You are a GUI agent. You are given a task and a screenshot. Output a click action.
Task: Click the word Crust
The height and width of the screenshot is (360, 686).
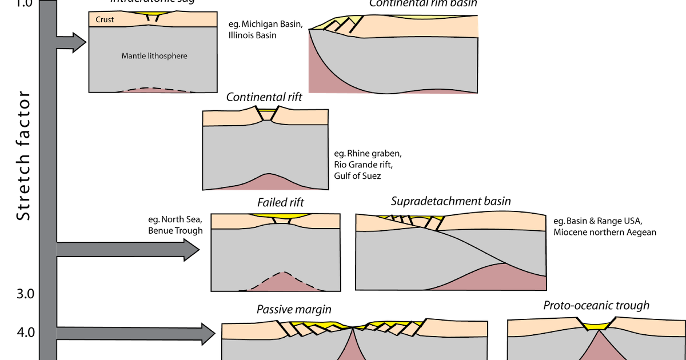point(105,19)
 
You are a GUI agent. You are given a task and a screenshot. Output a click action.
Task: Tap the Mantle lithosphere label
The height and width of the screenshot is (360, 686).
point(154,56)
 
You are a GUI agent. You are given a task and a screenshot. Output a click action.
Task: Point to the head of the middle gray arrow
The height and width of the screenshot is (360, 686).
point(191,250)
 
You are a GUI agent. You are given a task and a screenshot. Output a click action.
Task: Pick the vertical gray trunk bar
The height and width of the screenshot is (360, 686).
point(48,171)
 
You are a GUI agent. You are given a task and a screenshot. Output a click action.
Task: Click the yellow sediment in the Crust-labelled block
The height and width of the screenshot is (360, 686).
point(153,14)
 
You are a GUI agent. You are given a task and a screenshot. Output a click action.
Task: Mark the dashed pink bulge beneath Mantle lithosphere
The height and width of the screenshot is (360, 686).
point(153,90)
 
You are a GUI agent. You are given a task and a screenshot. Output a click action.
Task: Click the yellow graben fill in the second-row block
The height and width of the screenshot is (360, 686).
point(266,110)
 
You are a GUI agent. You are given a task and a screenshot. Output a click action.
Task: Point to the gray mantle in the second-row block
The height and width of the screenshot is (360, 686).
point(265,149)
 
